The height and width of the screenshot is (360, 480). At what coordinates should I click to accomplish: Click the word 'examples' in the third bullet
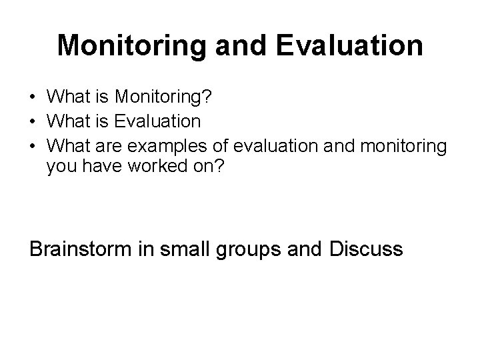coord(170,144)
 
